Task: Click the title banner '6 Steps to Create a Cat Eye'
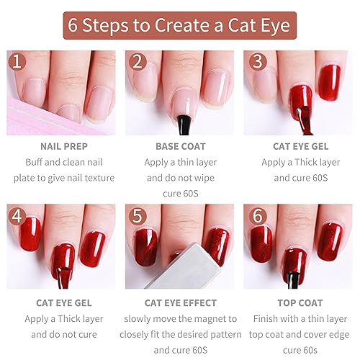180,25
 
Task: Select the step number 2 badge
137,63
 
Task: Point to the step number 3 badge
255,63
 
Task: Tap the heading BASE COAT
180,146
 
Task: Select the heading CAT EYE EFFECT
180,303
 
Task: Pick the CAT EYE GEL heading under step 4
63,303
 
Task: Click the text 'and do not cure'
63,336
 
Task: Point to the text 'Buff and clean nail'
63,163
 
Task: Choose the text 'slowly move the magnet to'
180,319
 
